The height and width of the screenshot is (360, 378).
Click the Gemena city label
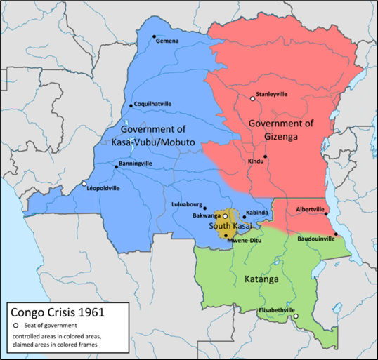tap(169, 41)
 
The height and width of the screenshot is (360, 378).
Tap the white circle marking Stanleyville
tap(252, 99)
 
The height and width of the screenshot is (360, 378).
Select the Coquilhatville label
tap(157, 104)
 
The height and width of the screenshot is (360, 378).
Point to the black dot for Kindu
tap(266, 156)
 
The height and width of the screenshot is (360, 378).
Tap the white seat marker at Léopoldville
tap(84, 184)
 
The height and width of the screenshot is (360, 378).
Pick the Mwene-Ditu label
tap(247, 239)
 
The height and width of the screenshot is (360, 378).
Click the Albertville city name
tap(311, 209)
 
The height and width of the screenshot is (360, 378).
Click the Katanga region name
tap(261, 279)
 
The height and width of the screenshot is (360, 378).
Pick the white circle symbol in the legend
tap(15, 325)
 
